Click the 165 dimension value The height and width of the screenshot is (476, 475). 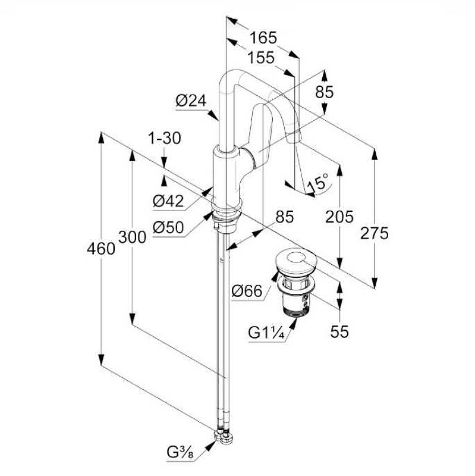click(263, 37)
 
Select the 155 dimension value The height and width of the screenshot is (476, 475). click(260, 58)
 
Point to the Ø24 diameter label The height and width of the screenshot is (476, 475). click(190, 102)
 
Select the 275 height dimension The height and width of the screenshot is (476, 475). click(375, 233)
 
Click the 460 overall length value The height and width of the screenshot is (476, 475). click(101, 248)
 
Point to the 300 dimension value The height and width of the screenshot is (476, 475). click(132, 237)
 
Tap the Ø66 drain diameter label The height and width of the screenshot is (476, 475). click(247, 291)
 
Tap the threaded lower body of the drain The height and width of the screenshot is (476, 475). click(295, 303)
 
